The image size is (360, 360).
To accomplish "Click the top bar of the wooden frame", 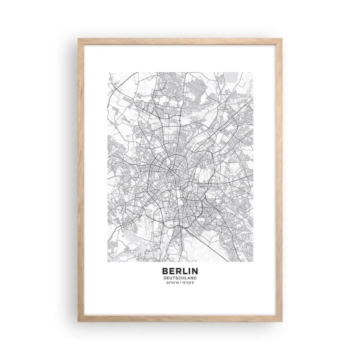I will coord(180,41).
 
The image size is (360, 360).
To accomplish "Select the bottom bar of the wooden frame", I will coord(180,319).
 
